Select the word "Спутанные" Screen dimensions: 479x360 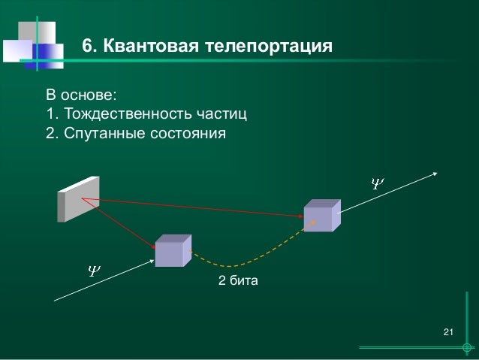pyautogui.click(x=103, y=135)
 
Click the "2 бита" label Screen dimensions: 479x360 pyautogui.click(x=237, y=281)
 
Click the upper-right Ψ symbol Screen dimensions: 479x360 pyautogui.click(x=378, y=182)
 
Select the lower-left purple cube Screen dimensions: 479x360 pyautogui.click(x=173, y=251)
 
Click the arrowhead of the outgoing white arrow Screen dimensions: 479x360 pyautogui.click(x=436, y=172)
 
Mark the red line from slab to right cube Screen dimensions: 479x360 pyautogui.click(x=195, y=207)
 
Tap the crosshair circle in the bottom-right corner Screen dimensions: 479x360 pyautogui.click(x=468, y=348)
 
